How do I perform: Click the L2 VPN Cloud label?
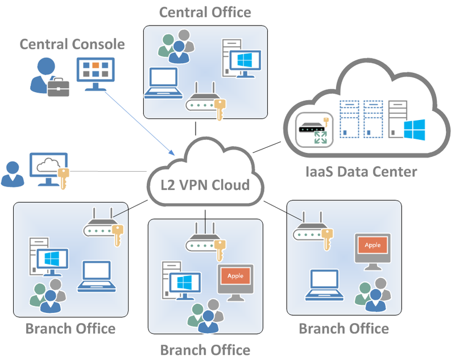[205, 185]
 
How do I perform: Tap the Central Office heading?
[205, 12]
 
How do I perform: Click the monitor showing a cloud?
[48, 167]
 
